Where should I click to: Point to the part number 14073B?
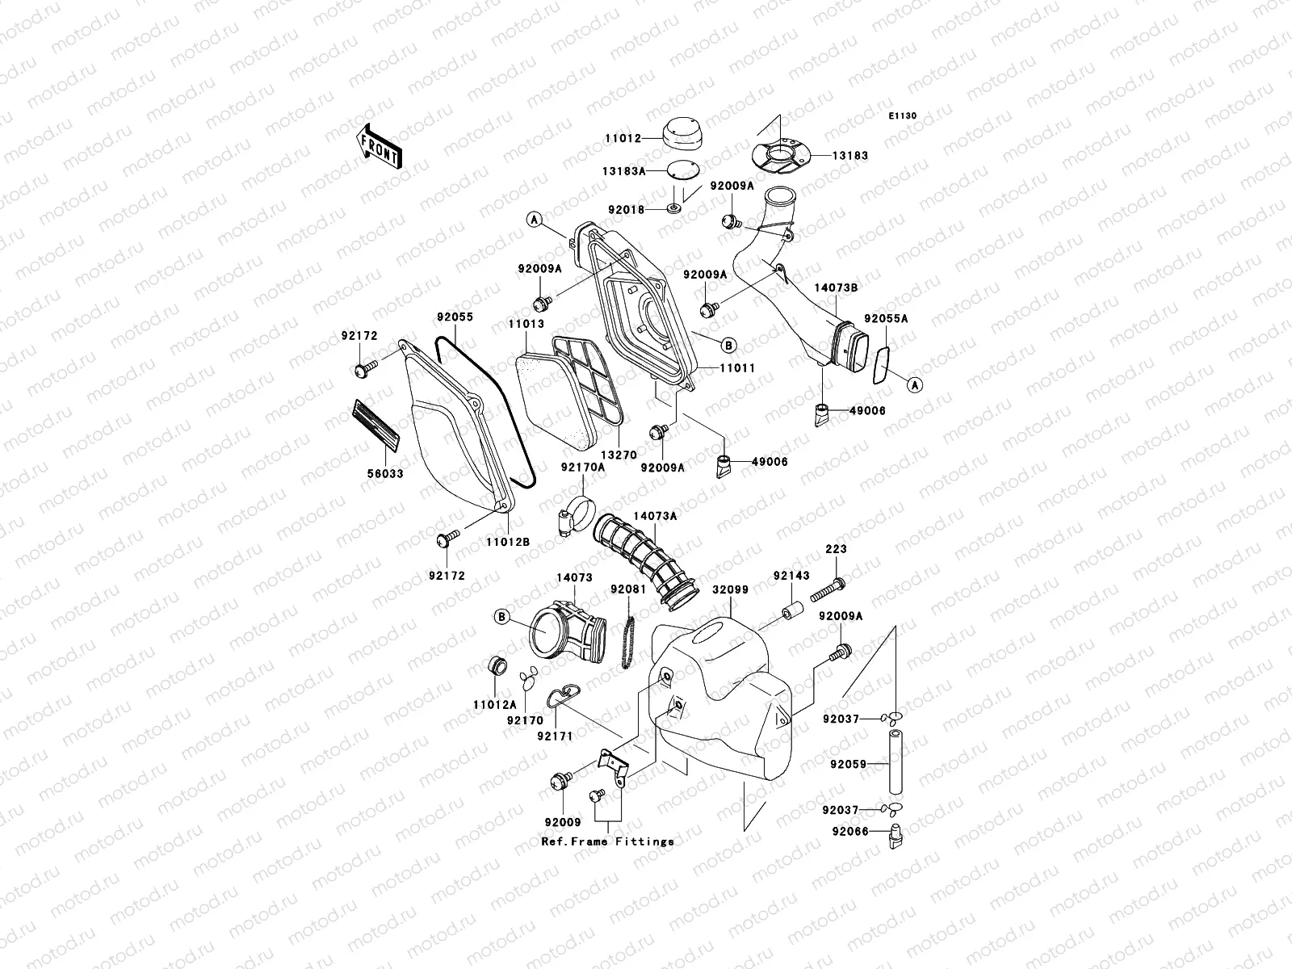click(x=835, y=287)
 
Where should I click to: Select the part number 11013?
click(x=525, y=324)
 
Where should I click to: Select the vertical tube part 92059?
click(x=895, y=762)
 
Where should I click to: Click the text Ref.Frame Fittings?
click(x=607, y=841)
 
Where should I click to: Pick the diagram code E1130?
click(x=903, y=116)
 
